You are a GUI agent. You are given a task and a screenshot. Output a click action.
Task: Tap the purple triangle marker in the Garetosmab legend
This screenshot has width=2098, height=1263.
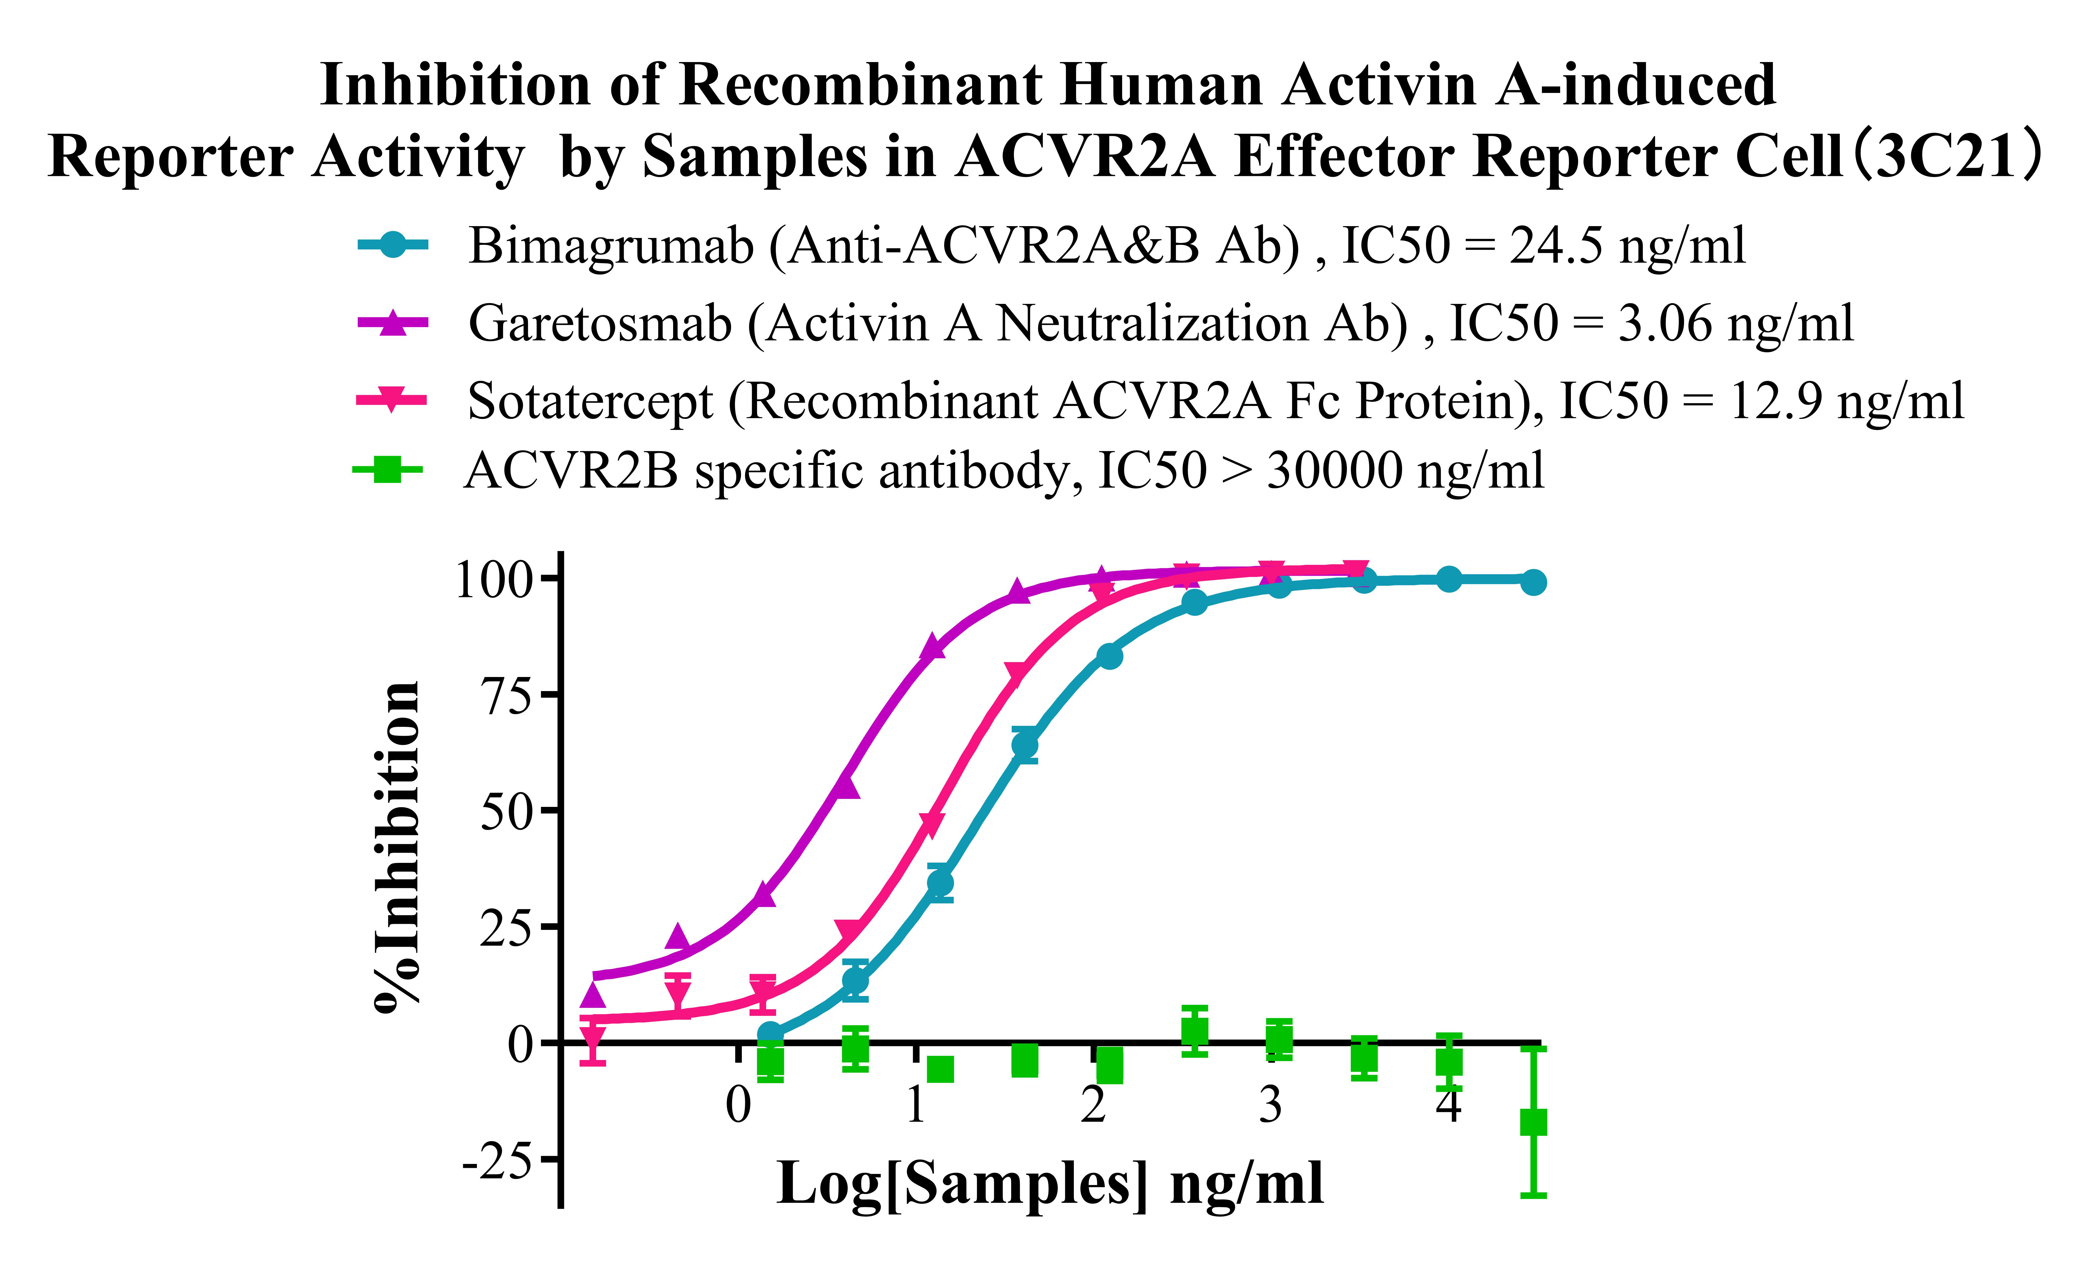pyautogui.click(x=392, y=323)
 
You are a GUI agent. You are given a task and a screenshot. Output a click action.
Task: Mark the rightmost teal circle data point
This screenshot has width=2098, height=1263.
pyautogui.click(x=1533, y=583)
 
